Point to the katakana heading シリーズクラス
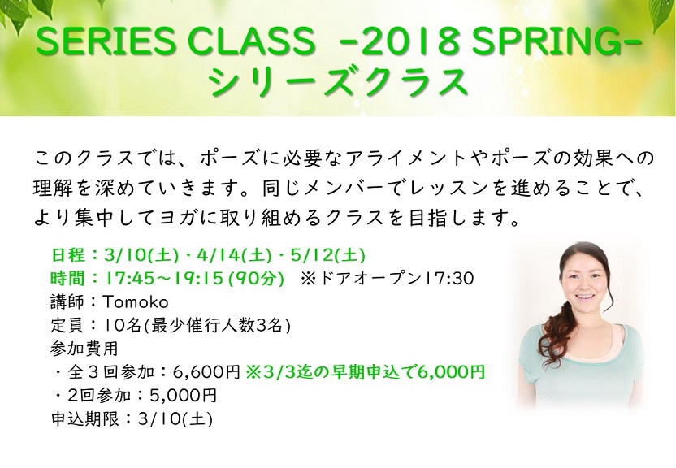(x=339, y=82)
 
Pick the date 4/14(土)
(x=234, y=255)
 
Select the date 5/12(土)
(x=328, y=255)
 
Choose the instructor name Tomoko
(x=135, y=302)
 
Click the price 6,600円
(x=206, y=372)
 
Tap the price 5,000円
(x=183, y=395)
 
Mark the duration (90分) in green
(x=256, y=279)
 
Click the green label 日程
(x=67, y=255)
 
